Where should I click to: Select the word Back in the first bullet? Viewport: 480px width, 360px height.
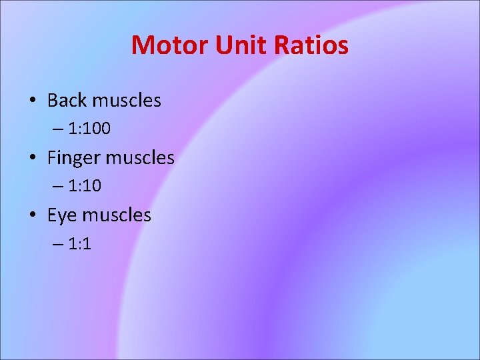click(67, 101)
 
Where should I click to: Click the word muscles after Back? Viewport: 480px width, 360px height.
click(127, 101)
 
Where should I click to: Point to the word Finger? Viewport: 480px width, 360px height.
click(73, 158)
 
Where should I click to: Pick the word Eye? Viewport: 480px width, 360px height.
click(63, 215)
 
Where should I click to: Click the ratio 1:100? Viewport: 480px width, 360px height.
click(89, 129)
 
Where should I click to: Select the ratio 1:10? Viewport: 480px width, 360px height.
click(84, 186)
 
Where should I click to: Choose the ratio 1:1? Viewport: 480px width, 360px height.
click(79, 243)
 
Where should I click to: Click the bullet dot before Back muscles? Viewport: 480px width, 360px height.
click(33, 101)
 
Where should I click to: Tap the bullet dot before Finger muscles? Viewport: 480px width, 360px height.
click(33, 159)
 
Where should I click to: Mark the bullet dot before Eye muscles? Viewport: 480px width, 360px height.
click(33, 216)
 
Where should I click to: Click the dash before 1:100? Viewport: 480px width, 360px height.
click(56, 129)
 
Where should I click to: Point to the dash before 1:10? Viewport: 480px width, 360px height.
click(56, 187)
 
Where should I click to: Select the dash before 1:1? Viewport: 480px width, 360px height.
click(56, 244)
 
